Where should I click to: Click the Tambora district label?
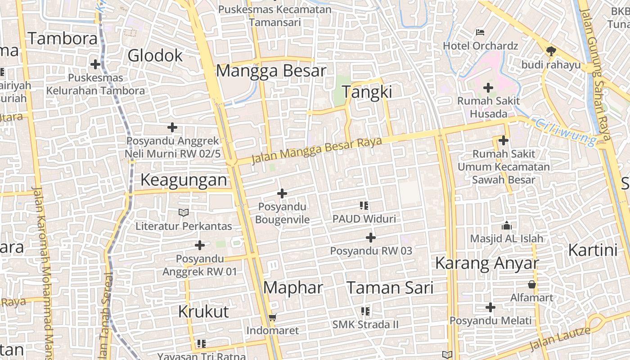[x=63, y=39]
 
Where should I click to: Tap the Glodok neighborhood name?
[x=155, y=56]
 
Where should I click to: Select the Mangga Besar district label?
[x=271, y=71]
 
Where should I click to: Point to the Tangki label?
[x=367, y=92]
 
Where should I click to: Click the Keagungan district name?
[x=184, y=180]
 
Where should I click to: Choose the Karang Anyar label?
[x=487, y=263]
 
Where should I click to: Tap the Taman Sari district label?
[x=390, y=288]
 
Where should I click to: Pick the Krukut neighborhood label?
[x=203, y=311]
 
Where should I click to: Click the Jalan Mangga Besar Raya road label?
[x=317, y=150]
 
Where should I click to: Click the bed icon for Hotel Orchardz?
[x=480, y=32]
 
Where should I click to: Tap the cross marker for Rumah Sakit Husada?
[x=488, y=88]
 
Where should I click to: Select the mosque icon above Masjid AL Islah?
[x=507, y=225]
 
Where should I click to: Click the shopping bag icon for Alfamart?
[x=532, y=284]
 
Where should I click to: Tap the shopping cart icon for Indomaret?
[x=272, y=318]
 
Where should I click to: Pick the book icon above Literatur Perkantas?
[x=184, y=212]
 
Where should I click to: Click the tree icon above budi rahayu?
[x=551, y=51]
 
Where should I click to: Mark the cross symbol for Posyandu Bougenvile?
[x=282, y=193]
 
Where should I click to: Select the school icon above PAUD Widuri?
[x=364, y=206]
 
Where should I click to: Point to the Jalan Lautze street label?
[x=560, y=339]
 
